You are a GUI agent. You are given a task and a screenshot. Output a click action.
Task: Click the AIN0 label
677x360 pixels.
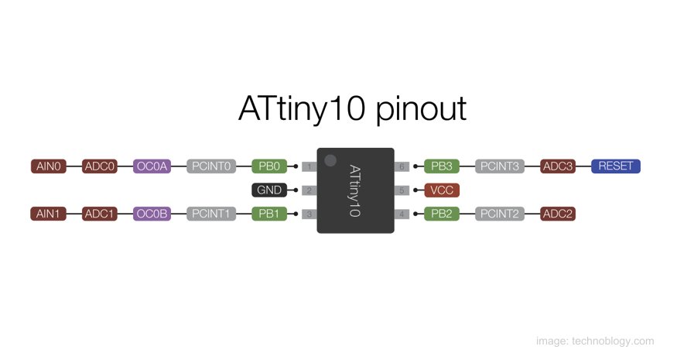click(48, 166)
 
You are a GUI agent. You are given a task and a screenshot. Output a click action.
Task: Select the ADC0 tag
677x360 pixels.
click(100, 166)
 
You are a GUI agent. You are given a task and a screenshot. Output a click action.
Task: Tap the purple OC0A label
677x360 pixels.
click(152, 166)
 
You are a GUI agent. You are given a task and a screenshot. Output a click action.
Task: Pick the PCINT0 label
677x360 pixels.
click(210, 166)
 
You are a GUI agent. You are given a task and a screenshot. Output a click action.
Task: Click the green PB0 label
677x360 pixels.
click(269, 166)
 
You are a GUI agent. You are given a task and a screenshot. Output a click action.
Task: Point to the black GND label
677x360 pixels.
click(269, 190)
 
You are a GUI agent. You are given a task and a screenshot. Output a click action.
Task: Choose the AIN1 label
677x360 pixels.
click(48, 214)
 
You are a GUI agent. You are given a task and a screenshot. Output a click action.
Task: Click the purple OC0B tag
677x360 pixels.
click(152, 214)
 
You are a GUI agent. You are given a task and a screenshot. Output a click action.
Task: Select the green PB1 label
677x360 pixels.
click(269, 214)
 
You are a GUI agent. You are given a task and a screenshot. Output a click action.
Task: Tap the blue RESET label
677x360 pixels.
click(616, 166)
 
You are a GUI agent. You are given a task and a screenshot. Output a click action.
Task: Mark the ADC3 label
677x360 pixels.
click(558, 166)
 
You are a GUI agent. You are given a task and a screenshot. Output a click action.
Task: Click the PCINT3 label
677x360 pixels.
click(500, 166)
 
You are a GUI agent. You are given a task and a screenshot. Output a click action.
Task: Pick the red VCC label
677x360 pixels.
click(442, 190)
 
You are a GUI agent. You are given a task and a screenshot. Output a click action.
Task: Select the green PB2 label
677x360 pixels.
click(442, 214)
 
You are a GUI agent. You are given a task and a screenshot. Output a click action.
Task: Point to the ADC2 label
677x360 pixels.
click(558, 214)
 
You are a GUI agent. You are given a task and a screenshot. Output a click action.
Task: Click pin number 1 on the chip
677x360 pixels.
click(309, 166)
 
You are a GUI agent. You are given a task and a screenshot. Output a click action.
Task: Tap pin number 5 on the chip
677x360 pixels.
click(402, 190)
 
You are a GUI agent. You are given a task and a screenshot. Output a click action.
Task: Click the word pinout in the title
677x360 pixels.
click(422, 110)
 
